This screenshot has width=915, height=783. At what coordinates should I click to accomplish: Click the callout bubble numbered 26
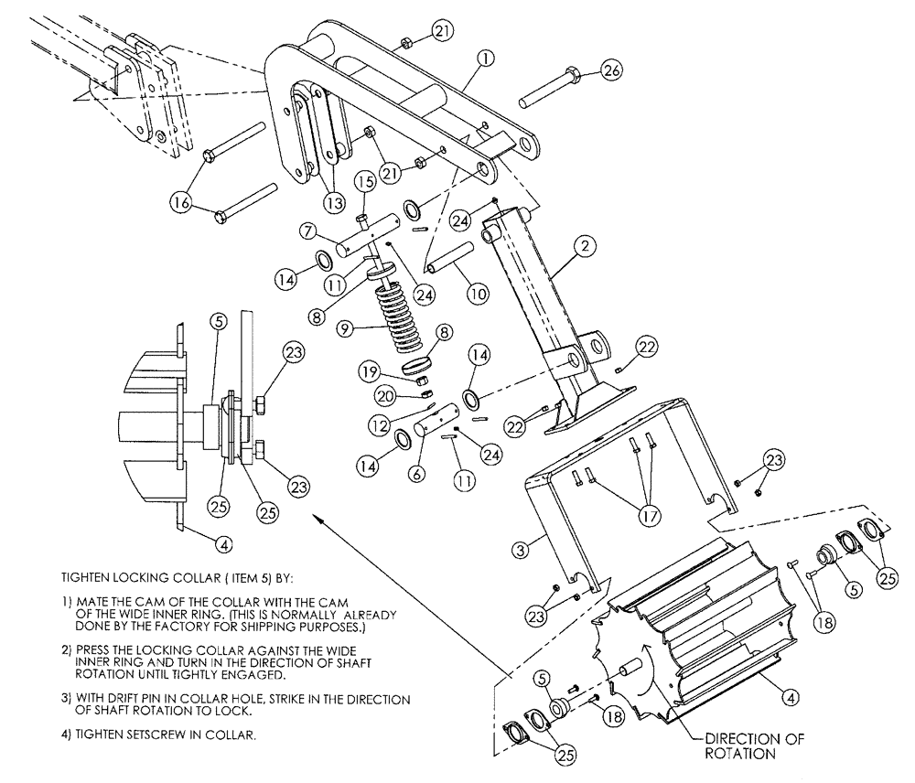click(610, 70)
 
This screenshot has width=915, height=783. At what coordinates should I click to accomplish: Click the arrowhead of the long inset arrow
click(318, 518)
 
